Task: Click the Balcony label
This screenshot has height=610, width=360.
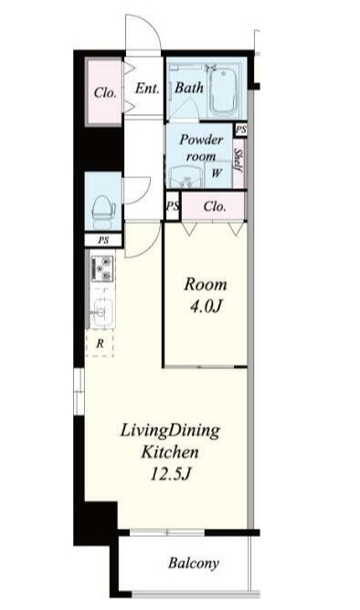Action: (193, 563)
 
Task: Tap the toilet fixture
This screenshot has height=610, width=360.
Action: (102, 211)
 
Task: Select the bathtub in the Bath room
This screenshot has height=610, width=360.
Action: (223, 92)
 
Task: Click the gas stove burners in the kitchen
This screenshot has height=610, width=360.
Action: (102, 268)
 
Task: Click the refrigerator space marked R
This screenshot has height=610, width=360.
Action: (100, 343)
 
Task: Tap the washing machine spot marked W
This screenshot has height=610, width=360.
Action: (217, 174)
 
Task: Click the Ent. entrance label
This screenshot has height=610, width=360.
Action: (147, 89)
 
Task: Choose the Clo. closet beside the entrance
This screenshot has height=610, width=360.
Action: (104, 92)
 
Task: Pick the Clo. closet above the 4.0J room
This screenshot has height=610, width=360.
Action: (214, 205)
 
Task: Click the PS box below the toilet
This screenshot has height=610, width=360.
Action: (103, 240)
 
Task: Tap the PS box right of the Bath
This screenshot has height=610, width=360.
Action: (241, 130)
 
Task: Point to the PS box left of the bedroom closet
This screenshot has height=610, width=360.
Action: (172, 205)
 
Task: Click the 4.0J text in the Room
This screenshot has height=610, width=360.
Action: (205, 307)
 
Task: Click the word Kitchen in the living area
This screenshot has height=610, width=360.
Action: (170, 452)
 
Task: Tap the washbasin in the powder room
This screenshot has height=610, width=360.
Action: (185, 177)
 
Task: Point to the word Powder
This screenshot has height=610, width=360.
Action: (201, 140)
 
